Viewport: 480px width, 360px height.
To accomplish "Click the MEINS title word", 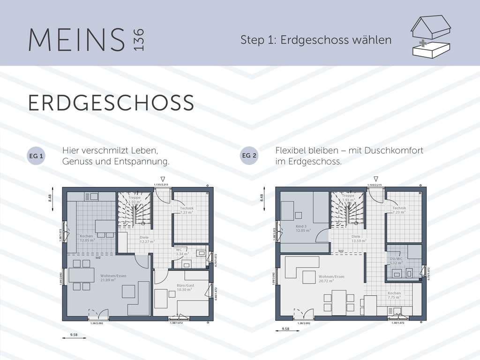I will [x=76, y=40].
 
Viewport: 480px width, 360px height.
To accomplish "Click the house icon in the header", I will [x=430, y=37].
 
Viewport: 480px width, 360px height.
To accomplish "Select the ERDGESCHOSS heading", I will [x=111, y=103].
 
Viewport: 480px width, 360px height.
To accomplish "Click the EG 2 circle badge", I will [x=249, y=156].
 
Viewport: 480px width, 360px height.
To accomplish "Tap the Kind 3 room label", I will [x=300, y=228].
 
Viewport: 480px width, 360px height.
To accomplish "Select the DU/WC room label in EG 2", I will [x=396, y=261].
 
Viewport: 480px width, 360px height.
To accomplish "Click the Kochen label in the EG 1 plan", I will [x=87, y=238].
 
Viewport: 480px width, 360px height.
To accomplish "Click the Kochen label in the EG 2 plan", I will [x=394, y=295].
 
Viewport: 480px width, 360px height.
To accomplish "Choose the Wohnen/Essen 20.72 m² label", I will [x=331, y=278].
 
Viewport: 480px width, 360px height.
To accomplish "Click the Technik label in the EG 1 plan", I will [x=187, y=210].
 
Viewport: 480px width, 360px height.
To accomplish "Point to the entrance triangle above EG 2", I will [x=375, y=179].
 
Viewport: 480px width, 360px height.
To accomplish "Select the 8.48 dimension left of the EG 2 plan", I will [x=262, y=198].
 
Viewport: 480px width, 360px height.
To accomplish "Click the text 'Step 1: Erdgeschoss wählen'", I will [x=316, y=40].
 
